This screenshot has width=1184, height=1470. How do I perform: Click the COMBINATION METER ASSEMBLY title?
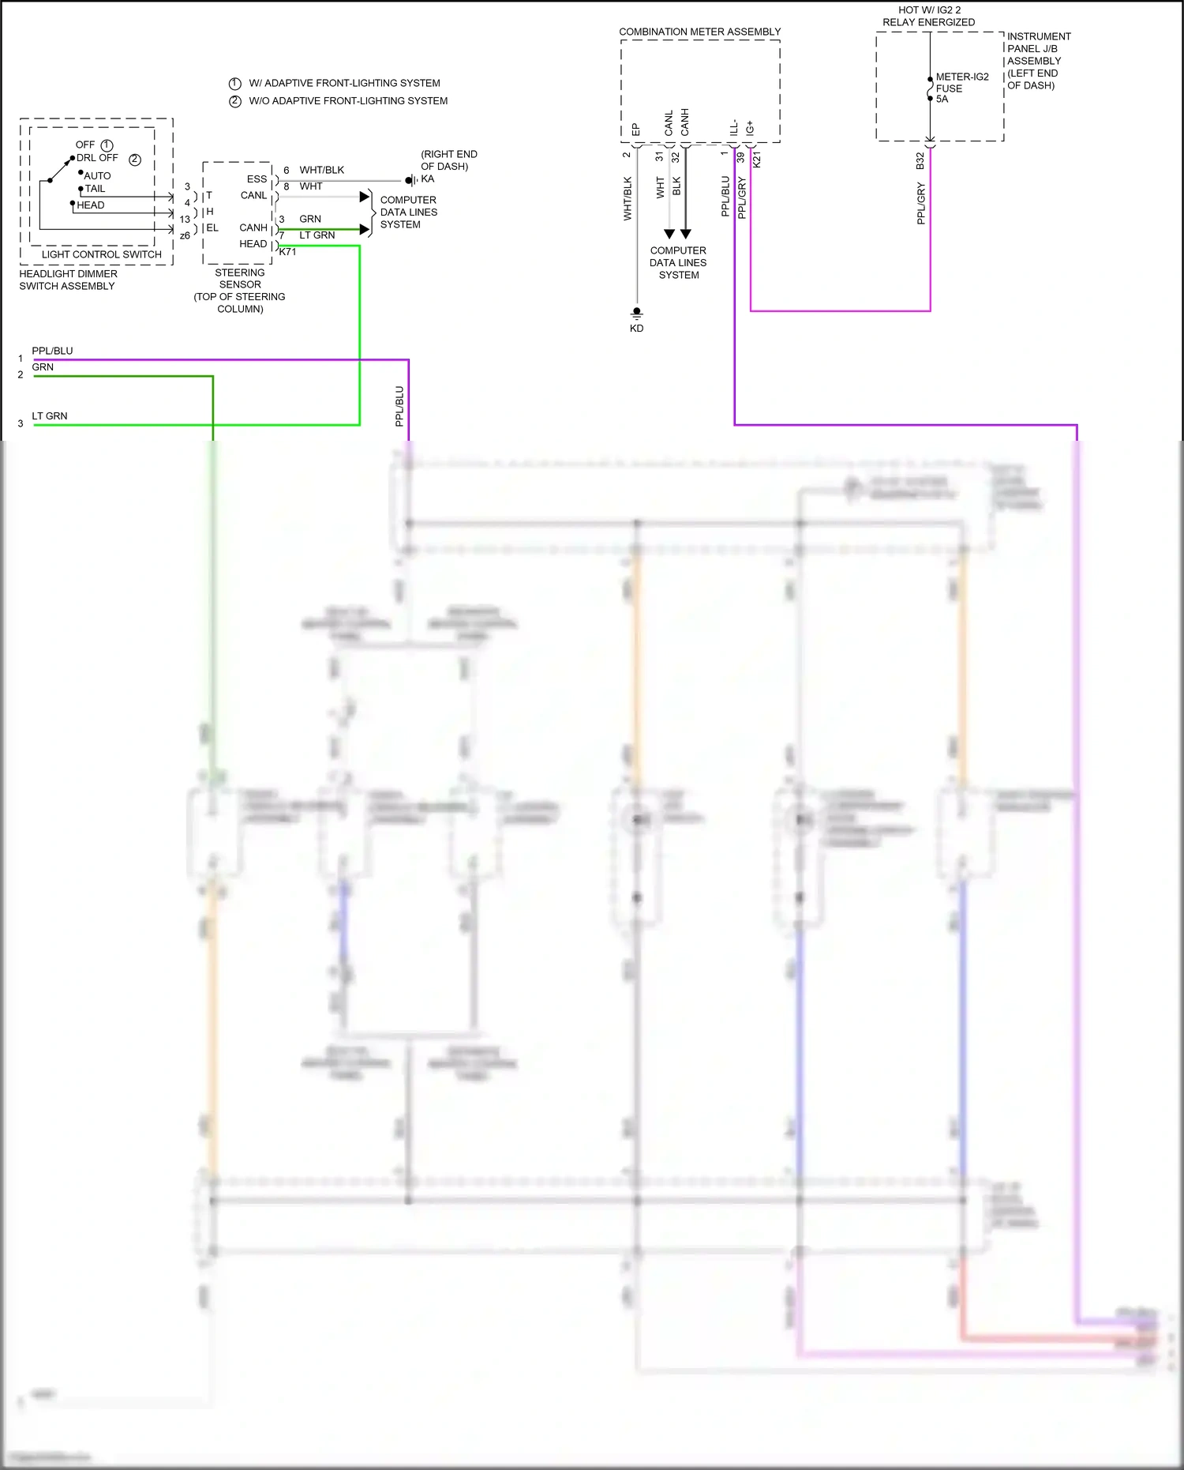pos(699,32)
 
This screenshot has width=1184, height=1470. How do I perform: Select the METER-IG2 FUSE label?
pos(961,88)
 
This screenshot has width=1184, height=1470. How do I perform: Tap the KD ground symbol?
pos(636,313)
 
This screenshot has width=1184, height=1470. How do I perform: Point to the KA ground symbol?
pos(410,180)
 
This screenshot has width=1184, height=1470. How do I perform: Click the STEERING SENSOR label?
pos(240,278)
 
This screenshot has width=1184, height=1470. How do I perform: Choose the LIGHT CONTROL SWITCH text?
pos(101,254)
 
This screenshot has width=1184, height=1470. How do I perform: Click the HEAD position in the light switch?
pos(91,205)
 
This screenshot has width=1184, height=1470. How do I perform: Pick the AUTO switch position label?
pos(98,176)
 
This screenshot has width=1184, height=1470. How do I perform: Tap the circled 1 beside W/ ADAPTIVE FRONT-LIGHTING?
pos(235,84)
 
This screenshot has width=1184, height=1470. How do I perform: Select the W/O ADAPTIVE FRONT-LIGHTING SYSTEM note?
pos(348,101)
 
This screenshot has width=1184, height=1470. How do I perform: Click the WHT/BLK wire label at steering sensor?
pos(321,170)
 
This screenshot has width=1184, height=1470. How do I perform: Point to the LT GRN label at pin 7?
pos(317,235)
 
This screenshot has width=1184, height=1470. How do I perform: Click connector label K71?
pos(287,252)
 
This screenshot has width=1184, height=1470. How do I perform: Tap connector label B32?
pos(920,160)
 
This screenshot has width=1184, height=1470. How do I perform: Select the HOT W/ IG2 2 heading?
pos(929,10)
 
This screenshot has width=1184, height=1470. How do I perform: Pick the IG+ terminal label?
pos(750,128)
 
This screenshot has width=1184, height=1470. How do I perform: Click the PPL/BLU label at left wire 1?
pos(52,351)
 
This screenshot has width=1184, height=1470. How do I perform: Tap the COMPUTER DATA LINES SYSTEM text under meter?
pos(678,263)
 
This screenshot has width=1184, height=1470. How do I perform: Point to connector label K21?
pos(757,160)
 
